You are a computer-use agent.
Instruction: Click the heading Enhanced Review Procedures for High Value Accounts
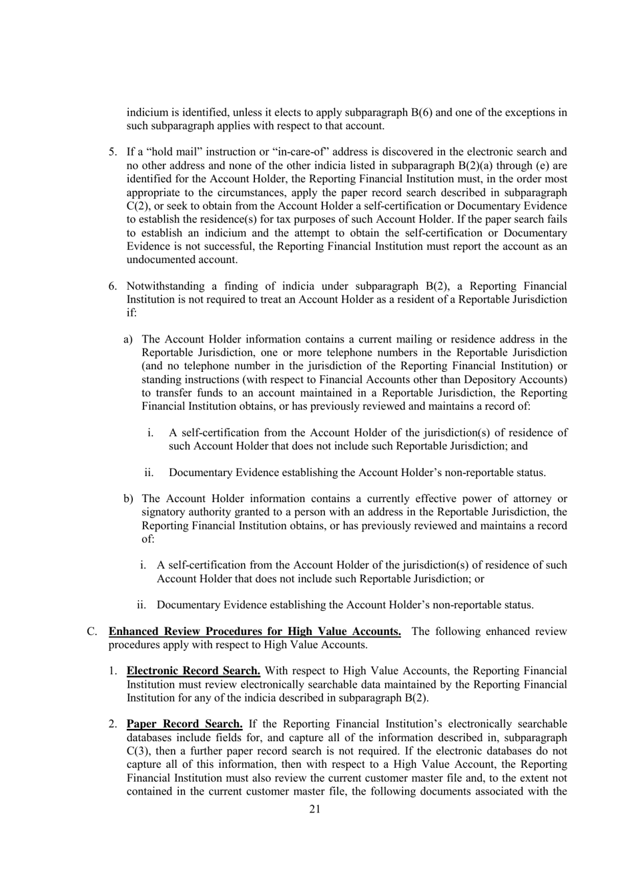point(255,632)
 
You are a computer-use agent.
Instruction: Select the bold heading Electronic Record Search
point(194,671)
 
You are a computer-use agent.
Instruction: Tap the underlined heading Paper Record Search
point(184,724)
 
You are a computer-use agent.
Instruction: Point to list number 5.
point(113,152)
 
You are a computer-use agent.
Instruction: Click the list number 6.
point(113,286)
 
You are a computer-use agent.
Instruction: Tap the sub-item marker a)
point(128,340)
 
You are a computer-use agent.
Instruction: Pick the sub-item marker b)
point(128,499)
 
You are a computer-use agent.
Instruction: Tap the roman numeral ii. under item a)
point(149,473)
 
